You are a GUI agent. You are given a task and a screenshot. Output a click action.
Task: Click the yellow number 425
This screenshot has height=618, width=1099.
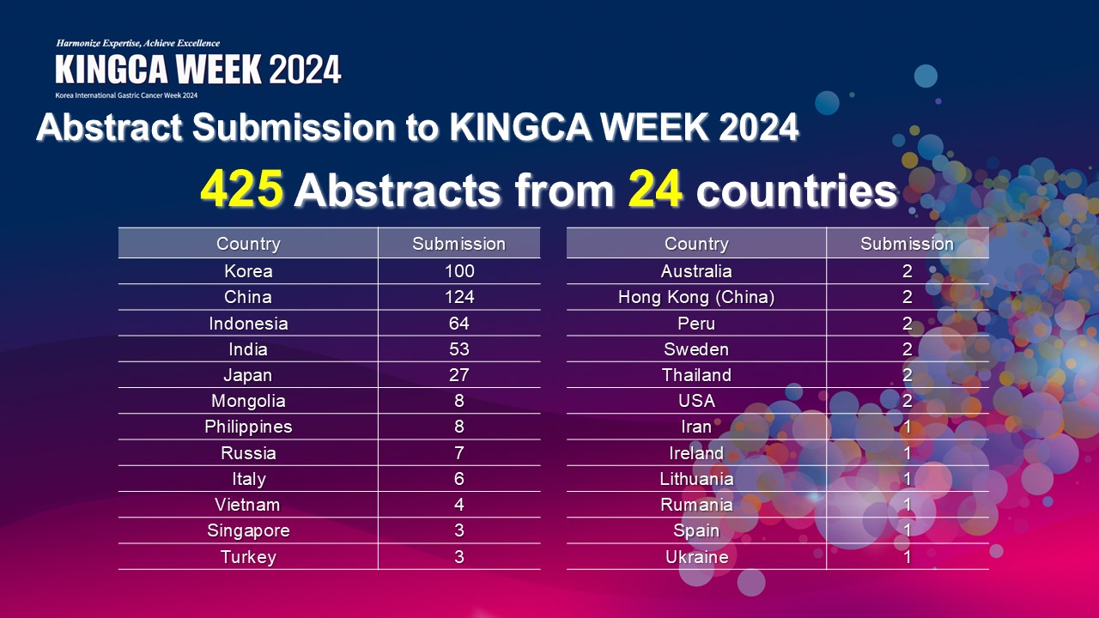(242, 189)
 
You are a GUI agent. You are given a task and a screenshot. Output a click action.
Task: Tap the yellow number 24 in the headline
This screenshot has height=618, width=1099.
(655, 189)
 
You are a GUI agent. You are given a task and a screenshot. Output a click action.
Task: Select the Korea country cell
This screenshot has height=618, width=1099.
(248, 271)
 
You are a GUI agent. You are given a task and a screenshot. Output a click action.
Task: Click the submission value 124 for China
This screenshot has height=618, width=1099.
(459, 297)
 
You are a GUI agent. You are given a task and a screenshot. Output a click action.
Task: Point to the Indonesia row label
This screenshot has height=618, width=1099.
(248, 324)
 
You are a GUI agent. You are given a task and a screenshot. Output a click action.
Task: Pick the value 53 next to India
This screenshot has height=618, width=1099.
(459, 349)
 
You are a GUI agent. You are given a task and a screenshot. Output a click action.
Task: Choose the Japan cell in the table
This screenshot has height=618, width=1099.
(248, 375)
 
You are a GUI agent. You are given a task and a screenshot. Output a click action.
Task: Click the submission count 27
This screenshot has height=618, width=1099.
(459, 375)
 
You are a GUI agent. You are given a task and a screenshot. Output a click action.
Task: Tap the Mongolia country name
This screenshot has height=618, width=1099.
(248, 401)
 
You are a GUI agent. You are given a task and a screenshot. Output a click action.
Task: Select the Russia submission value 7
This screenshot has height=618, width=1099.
(459, 452)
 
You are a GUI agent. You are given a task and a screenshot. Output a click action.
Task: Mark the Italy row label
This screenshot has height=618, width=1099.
(249, 479)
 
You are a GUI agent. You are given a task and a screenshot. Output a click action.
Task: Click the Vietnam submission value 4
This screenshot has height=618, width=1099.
(459, 505)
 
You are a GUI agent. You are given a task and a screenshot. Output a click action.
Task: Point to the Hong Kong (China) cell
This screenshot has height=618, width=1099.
(696, 297)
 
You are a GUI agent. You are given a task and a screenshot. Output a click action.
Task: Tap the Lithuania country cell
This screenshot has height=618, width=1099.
(696, 479)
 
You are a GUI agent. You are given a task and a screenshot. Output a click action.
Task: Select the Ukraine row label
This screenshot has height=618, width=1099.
(696, 557)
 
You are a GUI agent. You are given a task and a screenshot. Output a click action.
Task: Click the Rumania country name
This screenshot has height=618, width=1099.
(696, 505)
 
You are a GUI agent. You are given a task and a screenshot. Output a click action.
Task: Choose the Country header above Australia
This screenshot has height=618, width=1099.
(696, 244)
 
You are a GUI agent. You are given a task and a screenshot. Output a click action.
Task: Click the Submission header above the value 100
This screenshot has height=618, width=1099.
(458, 244)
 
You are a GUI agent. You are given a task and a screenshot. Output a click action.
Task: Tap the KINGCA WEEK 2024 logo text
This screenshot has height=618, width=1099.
(197, 70)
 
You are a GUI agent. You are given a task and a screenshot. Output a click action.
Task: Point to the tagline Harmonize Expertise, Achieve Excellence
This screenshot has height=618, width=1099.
(138, 43)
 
